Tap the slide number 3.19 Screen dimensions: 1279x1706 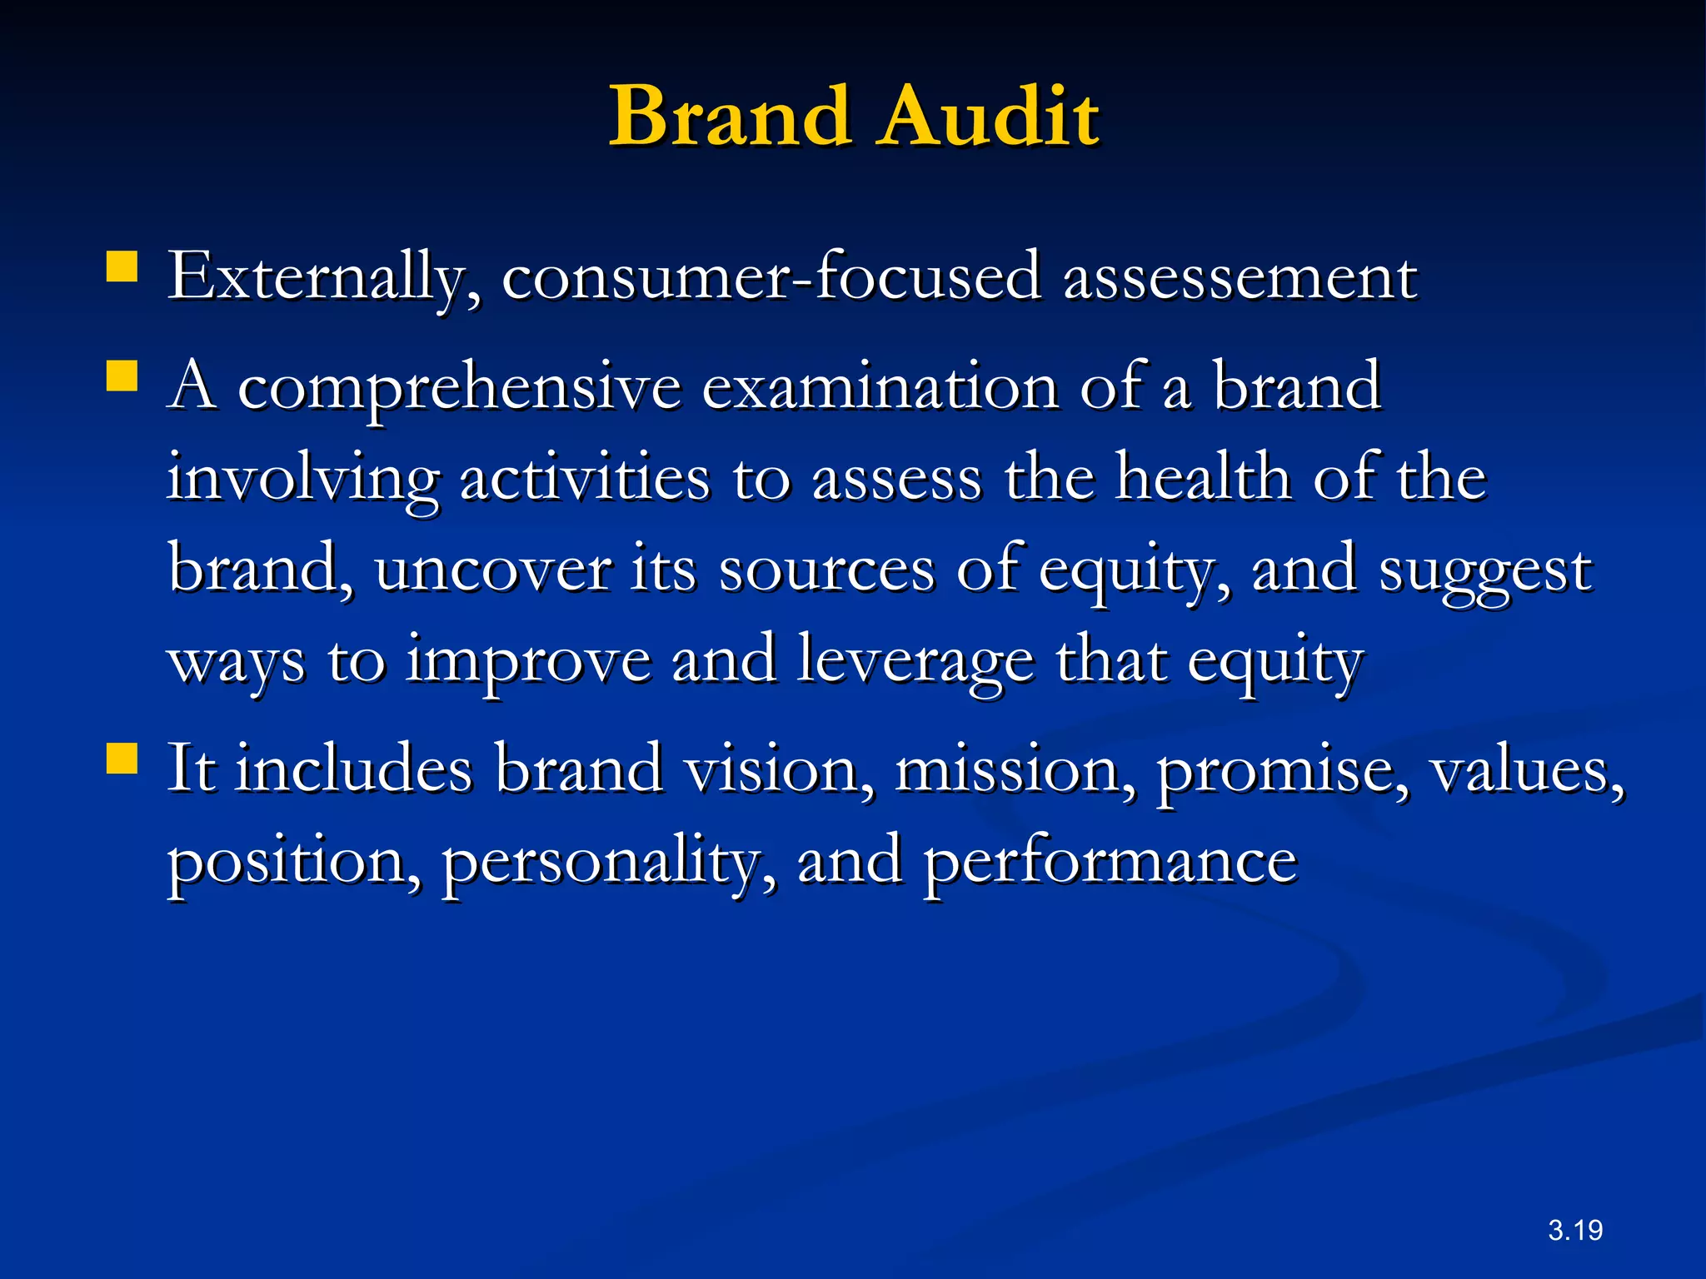(1575, 1230)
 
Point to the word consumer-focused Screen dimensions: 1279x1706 (771, 276)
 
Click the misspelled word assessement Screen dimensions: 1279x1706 (1240, 276)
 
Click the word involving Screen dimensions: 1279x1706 (302, 480)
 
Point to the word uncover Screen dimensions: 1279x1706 (493, 570)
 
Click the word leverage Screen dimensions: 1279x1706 (915, 661)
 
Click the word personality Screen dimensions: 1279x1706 (609, 861)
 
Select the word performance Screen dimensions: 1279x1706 (1110, 861)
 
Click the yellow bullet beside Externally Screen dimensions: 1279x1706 (122, 268)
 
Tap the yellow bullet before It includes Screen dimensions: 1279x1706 (122, 759)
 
